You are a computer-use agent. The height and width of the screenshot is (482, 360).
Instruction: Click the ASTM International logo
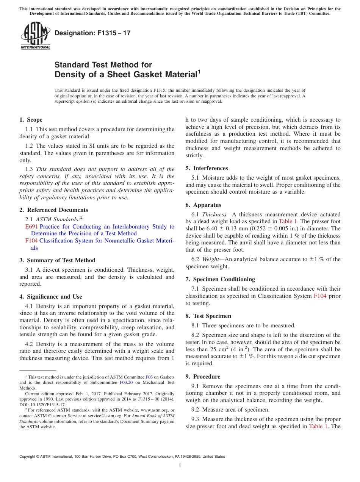click(35, 35)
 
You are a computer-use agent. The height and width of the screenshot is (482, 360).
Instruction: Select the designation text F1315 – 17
click(92, 33)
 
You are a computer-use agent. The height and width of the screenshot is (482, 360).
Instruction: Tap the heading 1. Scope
click(31, 120)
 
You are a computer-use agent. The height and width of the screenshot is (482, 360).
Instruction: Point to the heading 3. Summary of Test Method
click(57, 260)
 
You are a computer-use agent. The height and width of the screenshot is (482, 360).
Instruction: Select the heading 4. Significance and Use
click(50, 297)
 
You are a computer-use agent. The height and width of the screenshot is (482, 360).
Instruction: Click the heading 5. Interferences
click(207, 168)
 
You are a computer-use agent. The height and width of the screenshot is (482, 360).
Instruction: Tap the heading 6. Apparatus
click(203, 205)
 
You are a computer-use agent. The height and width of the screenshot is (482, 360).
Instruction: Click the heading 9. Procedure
click(203, 377)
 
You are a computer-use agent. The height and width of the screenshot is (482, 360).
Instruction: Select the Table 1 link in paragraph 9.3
click(319, 426)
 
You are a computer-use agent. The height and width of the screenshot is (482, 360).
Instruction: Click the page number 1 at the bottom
click(180, 466)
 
